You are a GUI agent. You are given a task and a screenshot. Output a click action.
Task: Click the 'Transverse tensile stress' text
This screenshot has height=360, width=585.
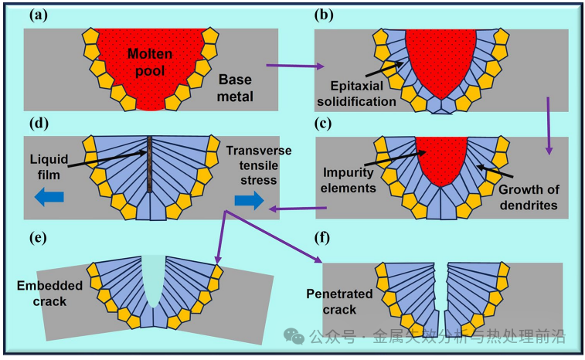click(259, 165)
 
